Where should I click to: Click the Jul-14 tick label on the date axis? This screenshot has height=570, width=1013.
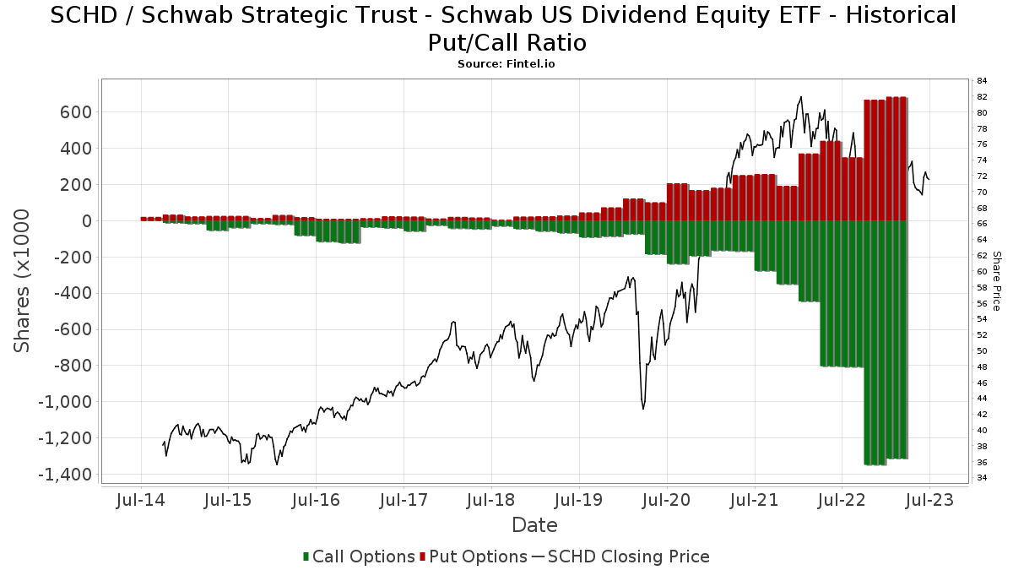(140, 500)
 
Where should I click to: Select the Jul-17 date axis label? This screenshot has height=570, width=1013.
(403, 500)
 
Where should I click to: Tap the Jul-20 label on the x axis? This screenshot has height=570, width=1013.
(666, 500)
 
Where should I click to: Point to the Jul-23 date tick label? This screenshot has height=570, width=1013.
(929, 500)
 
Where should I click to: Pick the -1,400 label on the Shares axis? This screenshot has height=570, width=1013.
(66, 475)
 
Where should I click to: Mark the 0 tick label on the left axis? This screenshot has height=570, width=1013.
(86, 221)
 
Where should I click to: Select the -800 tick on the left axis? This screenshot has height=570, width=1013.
(71, 366)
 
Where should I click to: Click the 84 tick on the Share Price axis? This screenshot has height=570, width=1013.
(982, 81)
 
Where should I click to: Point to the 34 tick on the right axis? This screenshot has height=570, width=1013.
(982, 478)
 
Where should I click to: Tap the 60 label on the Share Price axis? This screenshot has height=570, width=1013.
(982, 272)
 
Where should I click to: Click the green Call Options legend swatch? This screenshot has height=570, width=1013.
(307, 556)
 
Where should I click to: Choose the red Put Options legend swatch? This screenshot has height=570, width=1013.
(424, 556)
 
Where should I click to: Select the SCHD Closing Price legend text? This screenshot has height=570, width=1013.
(629, 556)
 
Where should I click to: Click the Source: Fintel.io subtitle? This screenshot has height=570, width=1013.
(506, 63)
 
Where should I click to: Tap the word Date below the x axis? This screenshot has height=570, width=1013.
(534, 525)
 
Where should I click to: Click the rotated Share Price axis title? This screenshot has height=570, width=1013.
(996, 280)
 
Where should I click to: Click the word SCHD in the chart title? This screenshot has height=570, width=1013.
(82, 15)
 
